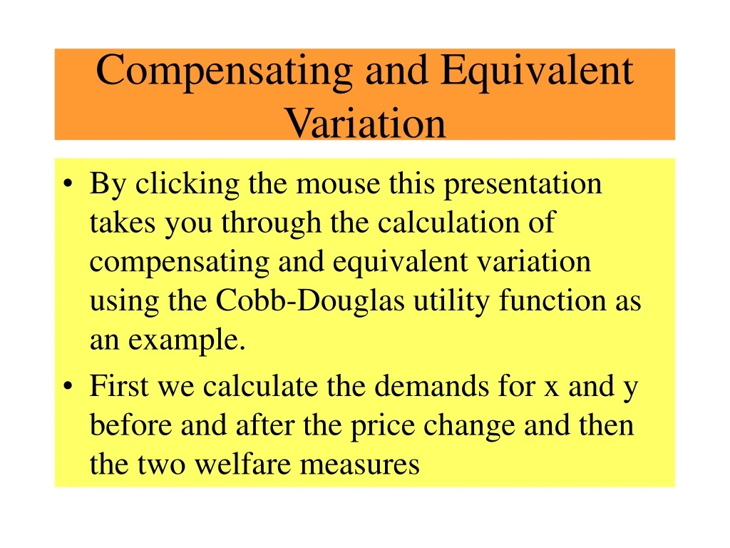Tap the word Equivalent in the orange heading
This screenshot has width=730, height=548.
click(x=536, y=71)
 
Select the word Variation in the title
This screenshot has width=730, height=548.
click(x=365, y=123)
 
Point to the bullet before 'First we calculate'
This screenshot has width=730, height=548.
click(x=67, y=388)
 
